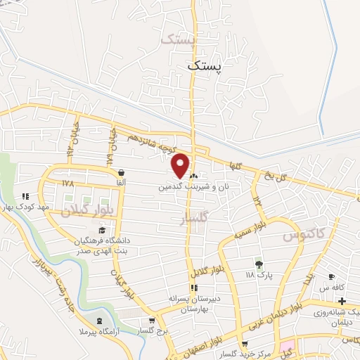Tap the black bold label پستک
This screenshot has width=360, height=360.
[x=205, y=66]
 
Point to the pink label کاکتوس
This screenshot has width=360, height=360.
[x=301, y=236]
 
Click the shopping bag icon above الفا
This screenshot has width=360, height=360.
[x=122, y=172]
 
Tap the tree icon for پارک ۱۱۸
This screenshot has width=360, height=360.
[x=259, y=264]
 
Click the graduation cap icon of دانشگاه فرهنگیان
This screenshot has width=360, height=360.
[x=102, y=230]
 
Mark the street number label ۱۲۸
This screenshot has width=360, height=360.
[x=67, y=183]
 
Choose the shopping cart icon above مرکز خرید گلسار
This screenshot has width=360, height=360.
[x=244, y=343]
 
